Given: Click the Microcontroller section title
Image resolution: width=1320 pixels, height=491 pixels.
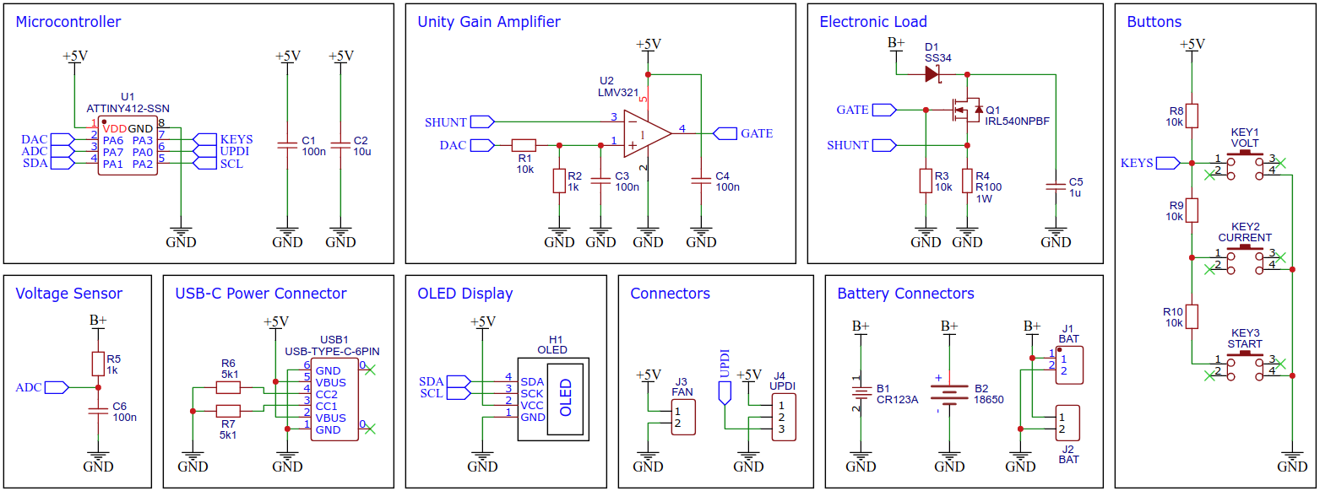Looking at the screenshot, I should pyautogui.click(x=68, y=22).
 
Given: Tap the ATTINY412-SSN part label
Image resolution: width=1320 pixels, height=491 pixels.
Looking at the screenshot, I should pyautogui.click(x=128, y=108).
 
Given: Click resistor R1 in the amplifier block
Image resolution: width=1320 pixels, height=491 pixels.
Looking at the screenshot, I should pyautogui.click(x=524, y=145).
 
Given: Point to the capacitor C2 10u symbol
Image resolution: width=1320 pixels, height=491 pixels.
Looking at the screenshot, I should pyautogui.click(x=340, y=146).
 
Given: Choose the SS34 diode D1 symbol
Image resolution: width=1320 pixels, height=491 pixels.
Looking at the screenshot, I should pyautogui.click(x=932, y=74).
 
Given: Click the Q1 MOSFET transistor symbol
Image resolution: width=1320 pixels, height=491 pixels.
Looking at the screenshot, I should pyautogui.click(x=965, y=110).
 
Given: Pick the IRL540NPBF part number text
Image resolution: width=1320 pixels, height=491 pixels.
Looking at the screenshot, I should pyautogui.click(x=1017, y=121).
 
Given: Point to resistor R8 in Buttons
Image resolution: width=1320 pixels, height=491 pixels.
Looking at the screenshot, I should pyautogui.click(x=1191, y=116).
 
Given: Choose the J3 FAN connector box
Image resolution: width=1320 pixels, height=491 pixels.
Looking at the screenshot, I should pyautogui.click(x=682, y=417).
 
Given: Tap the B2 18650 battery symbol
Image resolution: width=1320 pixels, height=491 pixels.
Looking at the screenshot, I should pyautogui.click(x=949, y=394).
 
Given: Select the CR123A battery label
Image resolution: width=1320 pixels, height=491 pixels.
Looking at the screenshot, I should pyautogui.click(x=897, y=400).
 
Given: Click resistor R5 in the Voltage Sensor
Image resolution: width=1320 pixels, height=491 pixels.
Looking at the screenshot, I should pyautogui.click(x=98, y=364).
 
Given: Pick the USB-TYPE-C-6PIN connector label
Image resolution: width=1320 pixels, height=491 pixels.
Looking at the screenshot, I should pyautogui.click(x=333, y=350).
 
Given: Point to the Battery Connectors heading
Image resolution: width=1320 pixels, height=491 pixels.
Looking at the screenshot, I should pyautogui.click(x=905, y=294).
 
